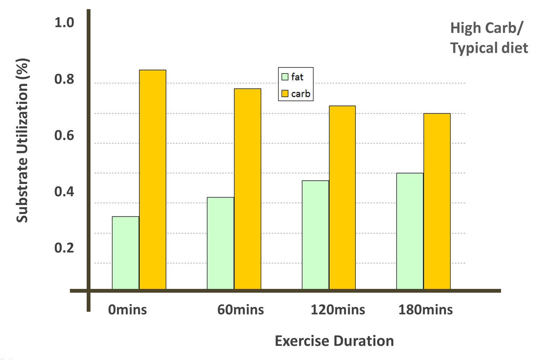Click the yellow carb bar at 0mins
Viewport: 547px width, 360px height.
[x=153, y=179]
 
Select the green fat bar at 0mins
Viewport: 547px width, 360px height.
[x=126, y=253]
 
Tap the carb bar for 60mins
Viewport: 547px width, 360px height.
[x=248, y=189]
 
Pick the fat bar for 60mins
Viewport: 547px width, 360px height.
[x=220, y=243]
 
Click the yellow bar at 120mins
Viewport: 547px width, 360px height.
[x=342, y=197]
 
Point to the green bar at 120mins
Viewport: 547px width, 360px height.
[x=315, y=235]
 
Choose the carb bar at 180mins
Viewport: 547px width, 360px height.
[x=437, y=201]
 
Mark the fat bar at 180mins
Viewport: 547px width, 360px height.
[x=410, y=231]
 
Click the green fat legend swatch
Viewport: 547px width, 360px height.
[x=285, y=77]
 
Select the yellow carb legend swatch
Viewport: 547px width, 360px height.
[x=285, y=94]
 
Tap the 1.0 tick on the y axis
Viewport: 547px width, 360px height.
[x=64, y=23]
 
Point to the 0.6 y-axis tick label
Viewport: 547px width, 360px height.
[x=64, y=135]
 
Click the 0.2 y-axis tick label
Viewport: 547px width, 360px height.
[x=64, y=248]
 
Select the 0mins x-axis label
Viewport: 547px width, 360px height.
[x=127, y=310]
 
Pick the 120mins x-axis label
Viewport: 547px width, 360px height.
[x=338, y=310]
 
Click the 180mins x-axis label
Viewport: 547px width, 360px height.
[x=425, y=310]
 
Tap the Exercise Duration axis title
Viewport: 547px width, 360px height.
[x=334, y=341]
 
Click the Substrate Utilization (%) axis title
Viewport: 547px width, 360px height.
[x=22, y=140]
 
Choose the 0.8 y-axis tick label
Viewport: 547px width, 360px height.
[x=64, y=79]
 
